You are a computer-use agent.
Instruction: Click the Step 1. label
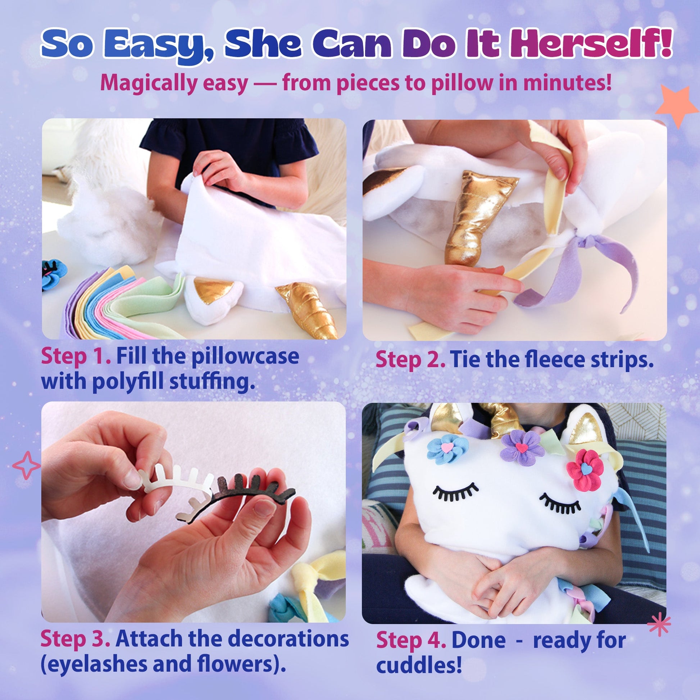click(x=76, y=356)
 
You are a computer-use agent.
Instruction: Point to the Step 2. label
click(x=410, y=360)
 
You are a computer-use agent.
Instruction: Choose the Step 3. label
click(x=76, y=638)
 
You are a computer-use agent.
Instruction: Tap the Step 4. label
click(x=411, y=640)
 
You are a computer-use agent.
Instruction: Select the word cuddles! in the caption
click(x=419, y=665)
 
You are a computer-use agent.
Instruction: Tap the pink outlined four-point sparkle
click(x=27, y=465)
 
